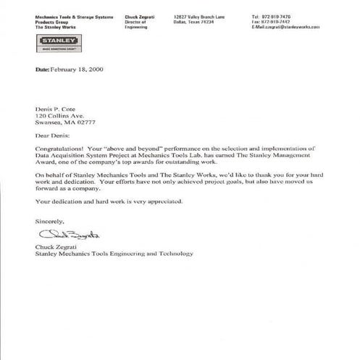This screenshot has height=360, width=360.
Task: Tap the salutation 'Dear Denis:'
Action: click(54, 135)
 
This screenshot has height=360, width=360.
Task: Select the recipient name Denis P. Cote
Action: click(56, 107)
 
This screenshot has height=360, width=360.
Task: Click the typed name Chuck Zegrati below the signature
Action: click(56, 246)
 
